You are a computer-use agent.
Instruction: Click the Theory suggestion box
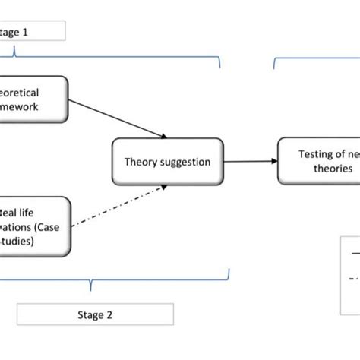tap(168, 161)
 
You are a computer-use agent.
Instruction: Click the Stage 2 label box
tap(95, 314)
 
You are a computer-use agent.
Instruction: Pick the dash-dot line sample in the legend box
tap(351, 278)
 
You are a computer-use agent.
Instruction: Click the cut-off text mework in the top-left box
tap(19, 107)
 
